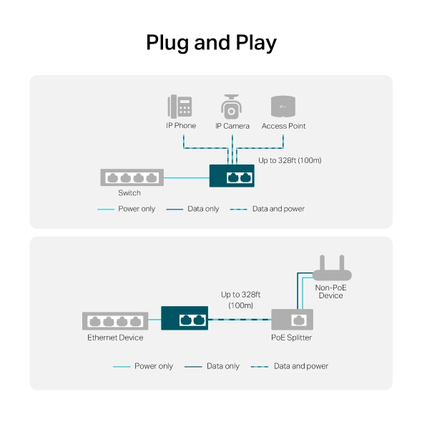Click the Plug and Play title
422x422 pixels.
[211, 42]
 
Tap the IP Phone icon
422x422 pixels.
[180, 107]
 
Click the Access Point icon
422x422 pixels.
[283, 106]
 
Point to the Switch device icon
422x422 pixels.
[132, 177]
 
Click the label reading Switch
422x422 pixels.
[129, 193]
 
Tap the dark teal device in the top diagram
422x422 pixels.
[232, 175]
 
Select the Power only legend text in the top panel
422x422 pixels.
[137, 209]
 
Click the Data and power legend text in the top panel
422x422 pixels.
[278, 209]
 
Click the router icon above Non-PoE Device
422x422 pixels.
[333, 270]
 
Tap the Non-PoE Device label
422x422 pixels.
[330, 291]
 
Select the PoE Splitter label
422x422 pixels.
[291, 338]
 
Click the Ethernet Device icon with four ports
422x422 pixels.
[114, 320]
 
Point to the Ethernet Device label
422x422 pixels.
[115, 338]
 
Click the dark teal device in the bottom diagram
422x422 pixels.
[184, 318]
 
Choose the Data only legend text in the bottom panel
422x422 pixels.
[222, 366]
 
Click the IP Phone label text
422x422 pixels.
[181, 126]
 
